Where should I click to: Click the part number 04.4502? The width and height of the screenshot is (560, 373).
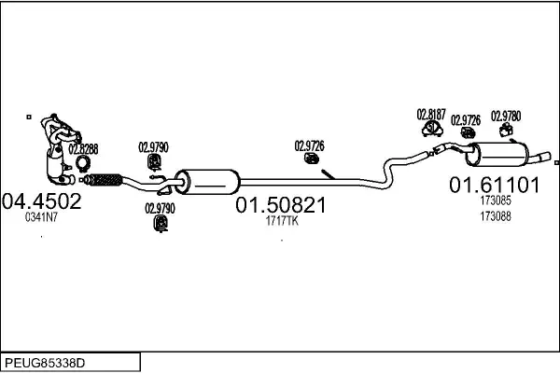[x=42, y=200]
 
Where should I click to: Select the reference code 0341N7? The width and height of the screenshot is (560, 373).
[x=42, y=217]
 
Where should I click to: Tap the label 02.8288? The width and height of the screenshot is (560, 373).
[x=83, y=148]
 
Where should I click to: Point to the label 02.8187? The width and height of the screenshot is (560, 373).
[x=431, y=115]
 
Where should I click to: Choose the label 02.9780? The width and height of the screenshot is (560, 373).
[x=506, y=116]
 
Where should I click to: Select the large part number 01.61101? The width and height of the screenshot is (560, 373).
[x=495, y=185]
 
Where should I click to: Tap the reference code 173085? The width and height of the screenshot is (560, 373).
[x=495, y=200]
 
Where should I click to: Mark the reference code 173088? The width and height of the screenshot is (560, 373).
[x=495, y=216]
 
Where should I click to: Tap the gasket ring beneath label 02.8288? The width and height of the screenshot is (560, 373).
[x=84, y=163]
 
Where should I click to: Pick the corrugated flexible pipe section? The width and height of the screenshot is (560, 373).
[x=105, y=178]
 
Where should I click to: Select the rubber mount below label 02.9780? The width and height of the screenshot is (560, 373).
[x=506, y=131]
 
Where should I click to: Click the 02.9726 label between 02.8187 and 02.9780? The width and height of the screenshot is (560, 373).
[x=467, y=120]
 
